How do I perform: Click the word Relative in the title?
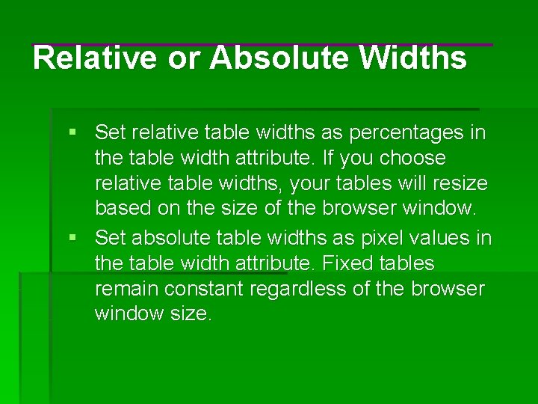[x=95, y=58]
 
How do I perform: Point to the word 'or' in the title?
[x=181, y=58]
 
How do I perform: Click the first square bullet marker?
[x=72, y=133]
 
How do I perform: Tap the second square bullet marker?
[x=72, y=238]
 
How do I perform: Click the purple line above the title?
[x=262, y=45]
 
